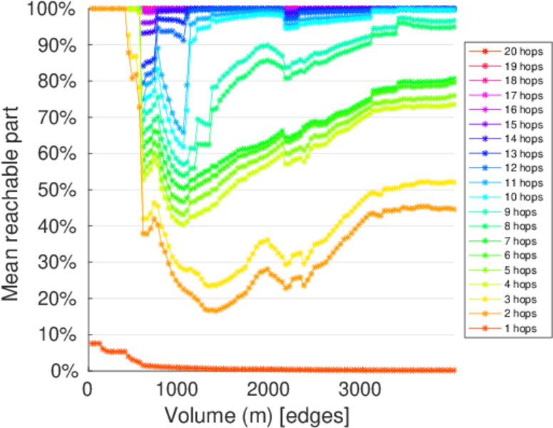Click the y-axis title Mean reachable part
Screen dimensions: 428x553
(16, 189)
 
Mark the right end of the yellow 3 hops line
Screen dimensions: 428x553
(455, 182)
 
